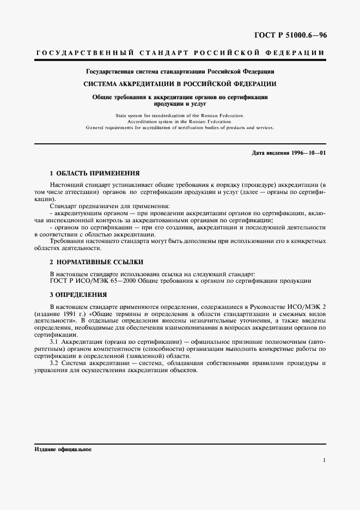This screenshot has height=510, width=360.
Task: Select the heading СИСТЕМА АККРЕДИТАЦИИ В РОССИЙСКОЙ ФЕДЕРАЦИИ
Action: click(179, 83)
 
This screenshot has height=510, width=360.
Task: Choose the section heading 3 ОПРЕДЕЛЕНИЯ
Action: click(78, 294)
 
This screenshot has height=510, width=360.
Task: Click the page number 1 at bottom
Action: click(324, 460)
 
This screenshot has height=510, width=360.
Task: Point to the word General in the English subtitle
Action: click(96, 127)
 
